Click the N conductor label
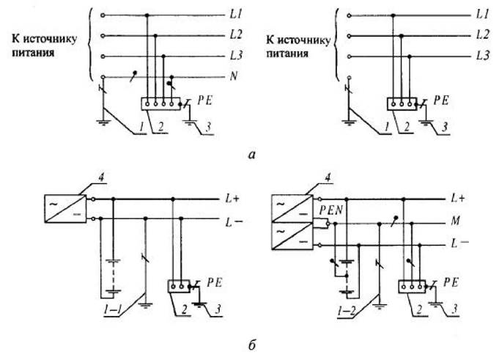click(x=234, y=76)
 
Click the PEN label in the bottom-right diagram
click(x=331, y=210)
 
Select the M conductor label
click(x=455, y=221)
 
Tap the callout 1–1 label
click(x=111, y=309)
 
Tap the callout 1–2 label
click(x=346, y=310)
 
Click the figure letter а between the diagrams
click(x=252, y=155)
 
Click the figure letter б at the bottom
click(x=252, y=345)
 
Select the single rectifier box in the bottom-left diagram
click(x=65, y=208)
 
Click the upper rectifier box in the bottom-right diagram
click(x=292, y=208)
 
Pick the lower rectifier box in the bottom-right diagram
click(x=292, y=236)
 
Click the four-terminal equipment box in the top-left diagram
click(x=160, y=104)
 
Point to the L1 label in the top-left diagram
click(x=236, y=15)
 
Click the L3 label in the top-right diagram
click(x=482, y=56)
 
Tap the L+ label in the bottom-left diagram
click(x=232, y=199)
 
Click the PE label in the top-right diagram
click(x=441, y=100)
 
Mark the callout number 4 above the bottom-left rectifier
click(x=101, y=177)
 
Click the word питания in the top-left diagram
click(x=33, y=53)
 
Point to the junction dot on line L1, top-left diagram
click(x=147, y=15)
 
